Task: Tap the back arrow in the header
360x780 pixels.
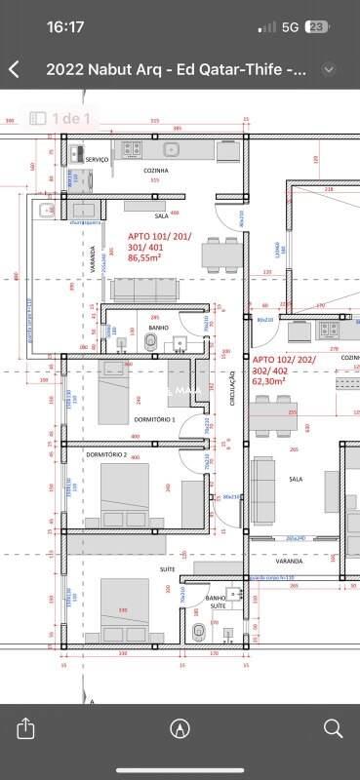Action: click(x=14, y=69)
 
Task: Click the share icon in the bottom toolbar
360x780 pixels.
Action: click(x=26, y=728)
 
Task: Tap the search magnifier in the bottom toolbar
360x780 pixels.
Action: click(x=333, y=728)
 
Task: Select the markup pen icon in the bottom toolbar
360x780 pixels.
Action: click(x=180, y=728)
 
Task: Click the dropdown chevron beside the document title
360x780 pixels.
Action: click(x=329, y=69)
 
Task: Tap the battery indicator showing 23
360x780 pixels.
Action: click(x=317, y=28)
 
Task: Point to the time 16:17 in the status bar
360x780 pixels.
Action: click(x=65, y=28)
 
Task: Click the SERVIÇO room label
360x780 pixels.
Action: click(x=97, y=159)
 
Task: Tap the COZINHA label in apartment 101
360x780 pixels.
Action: click(x=155, y=170)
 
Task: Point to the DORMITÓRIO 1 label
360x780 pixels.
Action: click(x=154, y=419)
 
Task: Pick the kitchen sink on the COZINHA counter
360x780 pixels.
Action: click(x=172, y=149)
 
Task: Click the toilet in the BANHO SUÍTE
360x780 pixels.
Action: click(x=200, y=632)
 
